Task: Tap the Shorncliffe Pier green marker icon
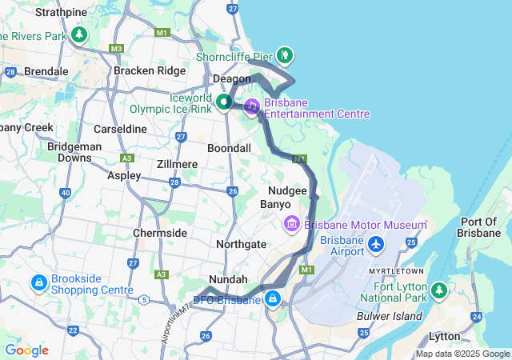pos(285,55)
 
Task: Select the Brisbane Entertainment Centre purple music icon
pos(251,106)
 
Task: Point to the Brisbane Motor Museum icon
pos(291,225)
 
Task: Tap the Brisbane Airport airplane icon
pos(376,242)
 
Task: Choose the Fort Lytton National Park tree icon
pos(438,290)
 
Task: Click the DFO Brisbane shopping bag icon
pos(274,300)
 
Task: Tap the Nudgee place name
pos(287,190)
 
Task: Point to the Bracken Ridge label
pos(149,70)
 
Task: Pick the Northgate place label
pos(242,243)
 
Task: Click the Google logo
pos(26,350)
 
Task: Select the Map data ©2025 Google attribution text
pos(462,354)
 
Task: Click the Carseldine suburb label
pos(120,128)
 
